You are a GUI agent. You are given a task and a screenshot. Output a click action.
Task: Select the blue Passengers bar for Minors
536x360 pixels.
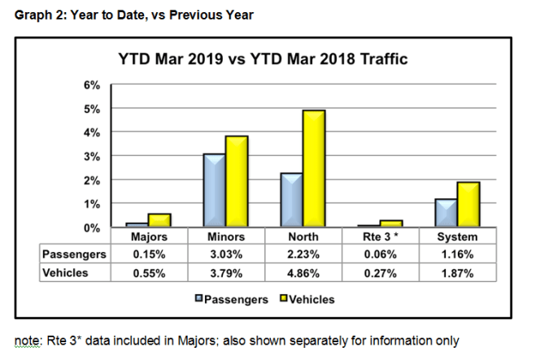tap(215, 189)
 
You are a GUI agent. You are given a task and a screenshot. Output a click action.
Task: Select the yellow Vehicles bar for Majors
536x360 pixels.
tap(159, 219)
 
